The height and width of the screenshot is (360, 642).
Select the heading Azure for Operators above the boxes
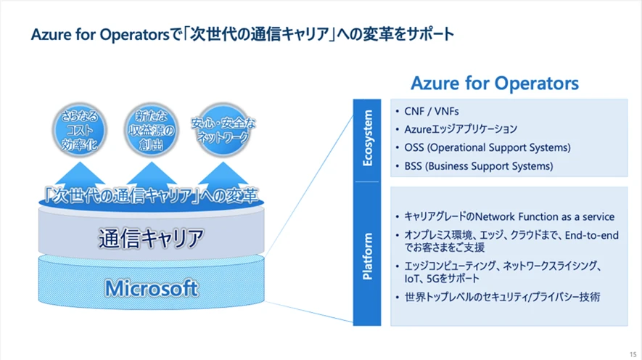(x=495, y=83)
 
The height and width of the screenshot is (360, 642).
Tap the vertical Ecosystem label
(x=367, y=138)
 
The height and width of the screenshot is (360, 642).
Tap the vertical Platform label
(x=367, y=256)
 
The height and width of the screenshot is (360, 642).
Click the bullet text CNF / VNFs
(x=432, y=112)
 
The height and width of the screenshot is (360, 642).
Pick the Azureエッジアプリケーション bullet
(x=461, y=129)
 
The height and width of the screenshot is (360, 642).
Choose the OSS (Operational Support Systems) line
(x=487, y=147)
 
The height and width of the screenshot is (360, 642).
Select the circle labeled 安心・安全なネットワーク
(x=223, y=128)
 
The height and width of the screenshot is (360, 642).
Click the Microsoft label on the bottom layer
(x=151, y=288)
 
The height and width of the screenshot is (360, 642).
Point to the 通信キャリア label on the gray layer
(x=151, y=237)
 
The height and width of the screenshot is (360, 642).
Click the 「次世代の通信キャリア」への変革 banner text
(x=151, y=196)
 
